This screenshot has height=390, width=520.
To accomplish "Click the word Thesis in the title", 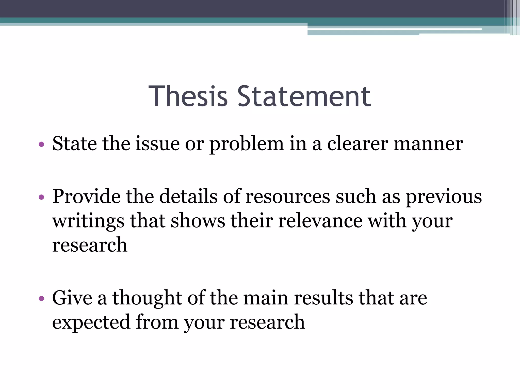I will coord(188,96).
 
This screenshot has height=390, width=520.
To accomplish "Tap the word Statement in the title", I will coord(304,96).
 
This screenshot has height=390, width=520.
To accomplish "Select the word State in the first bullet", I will coord(74,144).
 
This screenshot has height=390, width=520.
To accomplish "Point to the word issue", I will coord(157,144).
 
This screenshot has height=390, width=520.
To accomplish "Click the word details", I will coord(188,196).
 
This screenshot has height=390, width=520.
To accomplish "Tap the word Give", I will coord(72,298).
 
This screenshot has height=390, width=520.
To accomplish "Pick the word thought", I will coord(147,298).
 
